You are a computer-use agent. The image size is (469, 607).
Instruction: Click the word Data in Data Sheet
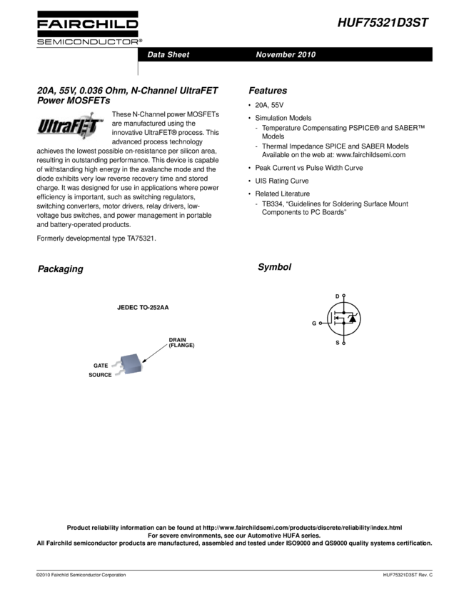coord(156,55)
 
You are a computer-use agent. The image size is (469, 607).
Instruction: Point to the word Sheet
coord(178,55)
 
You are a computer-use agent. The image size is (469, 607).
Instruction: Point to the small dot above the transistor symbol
coord(344,295)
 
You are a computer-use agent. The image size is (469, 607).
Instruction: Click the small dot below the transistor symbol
coord(344,343)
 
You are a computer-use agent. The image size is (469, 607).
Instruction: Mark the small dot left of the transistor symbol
coord(321,323)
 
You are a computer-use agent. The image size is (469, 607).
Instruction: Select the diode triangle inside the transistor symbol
coord(352,318)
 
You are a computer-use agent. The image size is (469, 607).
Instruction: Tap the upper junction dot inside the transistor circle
coord(344,313)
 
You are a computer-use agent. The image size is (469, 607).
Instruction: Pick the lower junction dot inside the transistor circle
coord(344,323)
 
